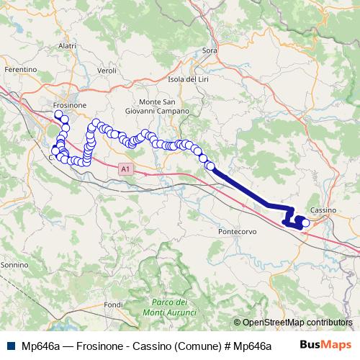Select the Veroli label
[107, 71]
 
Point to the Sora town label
[210, 50]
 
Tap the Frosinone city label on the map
[70, 105]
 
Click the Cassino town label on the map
[320, 210]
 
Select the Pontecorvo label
[237, 233]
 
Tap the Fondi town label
[113, 305]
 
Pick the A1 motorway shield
[126, 169]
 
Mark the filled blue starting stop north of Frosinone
[58, 113]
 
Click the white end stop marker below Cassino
[305, 223]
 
